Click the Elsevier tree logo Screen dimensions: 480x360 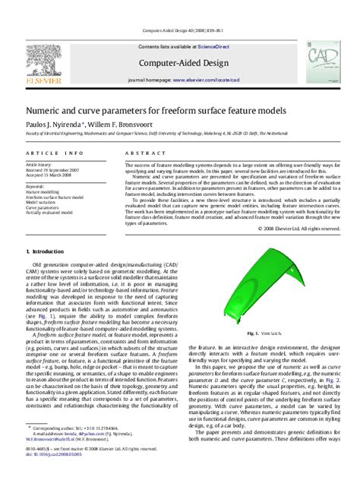point(43,63)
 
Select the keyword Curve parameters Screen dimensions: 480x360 point(45,207)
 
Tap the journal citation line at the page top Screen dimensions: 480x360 point(179,30)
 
